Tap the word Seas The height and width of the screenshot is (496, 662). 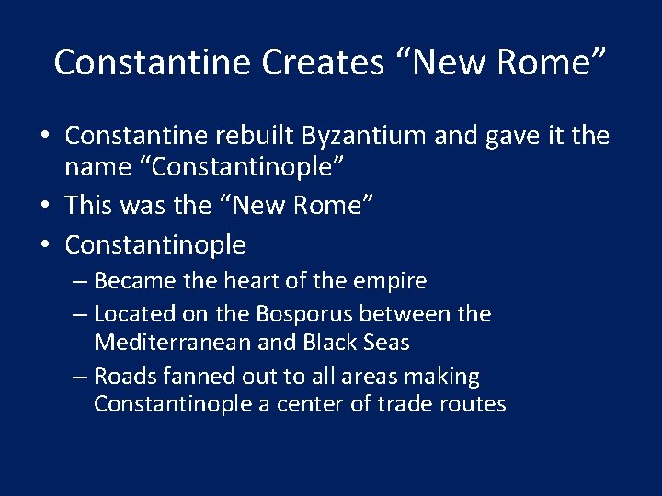tap(386, 343)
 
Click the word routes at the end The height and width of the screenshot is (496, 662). tap(474, 405)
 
